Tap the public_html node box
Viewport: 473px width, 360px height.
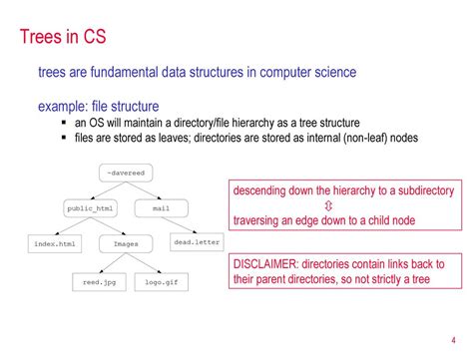[91, 208]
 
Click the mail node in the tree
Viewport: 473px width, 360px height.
[162, 208]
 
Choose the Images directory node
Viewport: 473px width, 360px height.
[127, 241]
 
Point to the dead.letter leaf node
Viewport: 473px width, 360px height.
[197, 241]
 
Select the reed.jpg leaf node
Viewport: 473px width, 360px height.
[99, 282]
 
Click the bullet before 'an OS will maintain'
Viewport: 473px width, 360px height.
[65, 122]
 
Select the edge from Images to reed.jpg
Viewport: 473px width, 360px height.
[113, 261]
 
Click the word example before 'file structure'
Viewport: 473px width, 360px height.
[63, 106]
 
